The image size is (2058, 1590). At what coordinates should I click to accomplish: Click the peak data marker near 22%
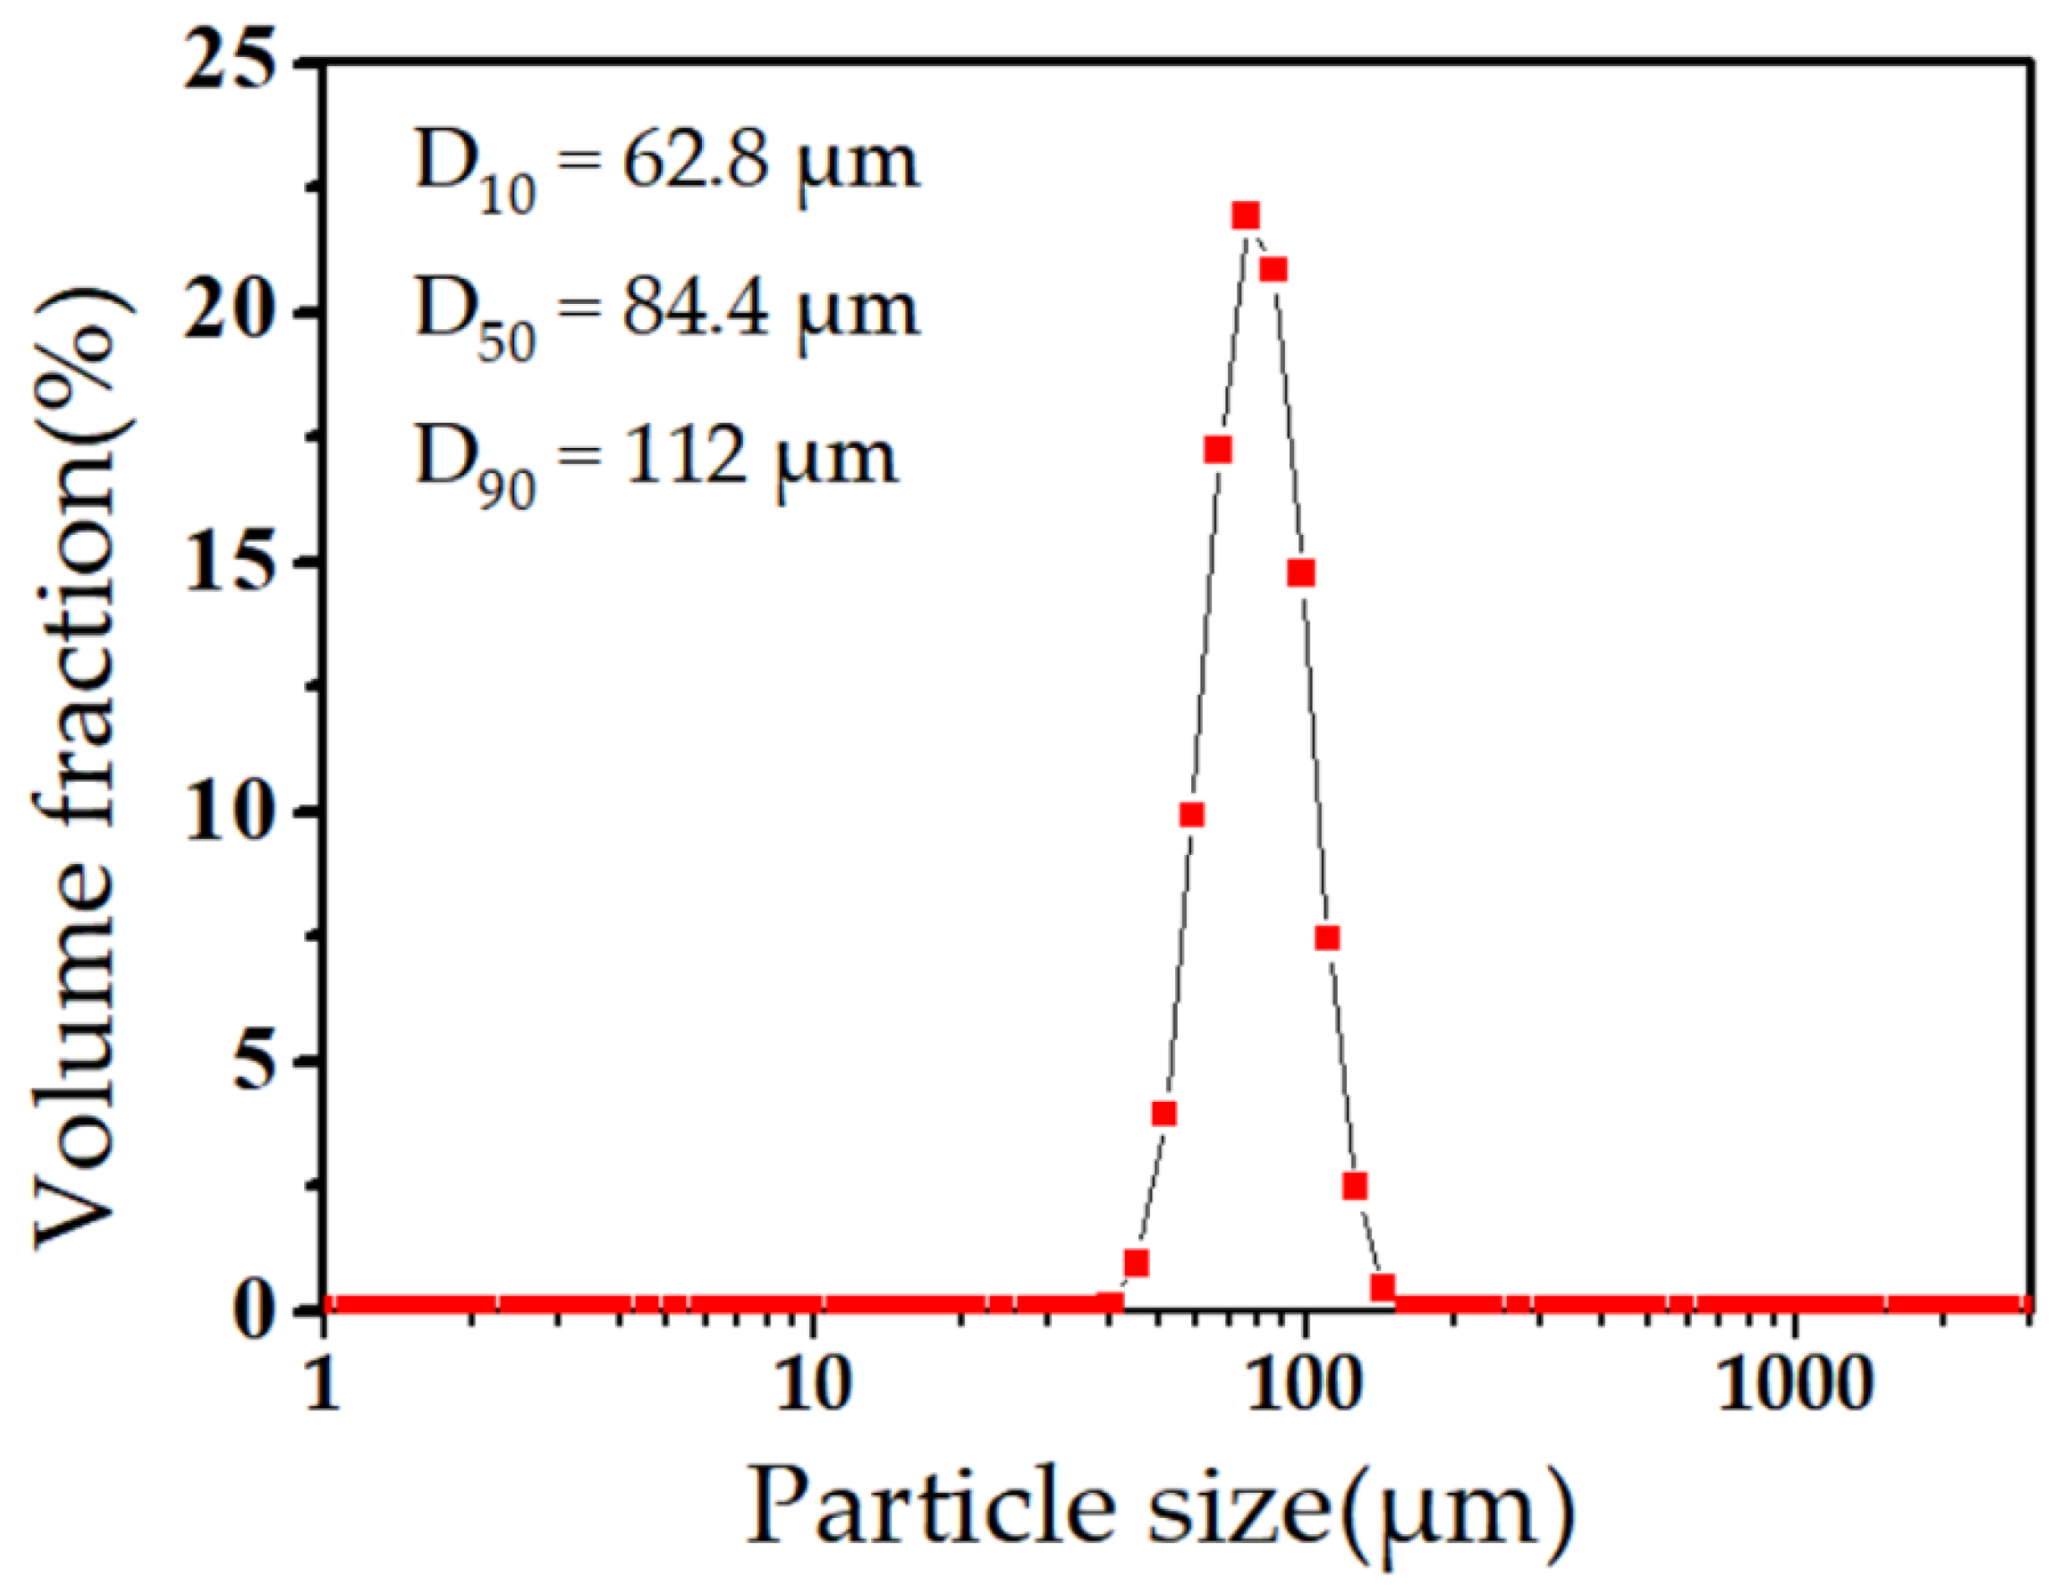(1246, 217)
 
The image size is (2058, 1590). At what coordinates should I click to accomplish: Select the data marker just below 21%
(1273, 270)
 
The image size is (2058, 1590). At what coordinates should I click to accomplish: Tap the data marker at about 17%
(1218, 450)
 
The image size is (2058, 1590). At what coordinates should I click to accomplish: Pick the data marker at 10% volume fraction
(1192, 815)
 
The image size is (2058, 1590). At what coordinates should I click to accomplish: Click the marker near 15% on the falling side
(1302, 573)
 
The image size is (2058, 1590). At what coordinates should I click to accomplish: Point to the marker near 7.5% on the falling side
(1327, 937)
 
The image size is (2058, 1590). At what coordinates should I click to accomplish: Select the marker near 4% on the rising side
(1164, 1114)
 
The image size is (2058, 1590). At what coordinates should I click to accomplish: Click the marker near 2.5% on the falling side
(1355, 1186)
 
